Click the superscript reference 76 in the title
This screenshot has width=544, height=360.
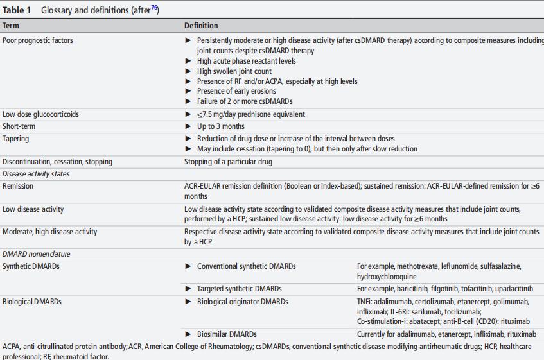(x=154, y=8)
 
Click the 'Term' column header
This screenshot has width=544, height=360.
(x=11, y=26)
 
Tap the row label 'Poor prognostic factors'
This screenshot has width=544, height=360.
(x=38, y=40)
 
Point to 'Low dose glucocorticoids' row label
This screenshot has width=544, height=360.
(x=41, y=114)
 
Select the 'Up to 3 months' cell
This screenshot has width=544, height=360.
(x=220, y=126)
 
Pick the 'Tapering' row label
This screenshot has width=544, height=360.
(x=15, y=139)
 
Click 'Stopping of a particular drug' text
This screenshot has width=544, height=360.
(x=228, y=162)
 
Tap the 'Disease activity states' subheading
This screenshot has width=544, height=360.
(x=36, y=174)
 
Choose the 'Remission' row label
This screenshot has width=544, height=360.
(x=18, y=186)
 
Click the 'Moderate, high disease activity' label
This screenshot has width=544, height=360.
(x=50, y=232)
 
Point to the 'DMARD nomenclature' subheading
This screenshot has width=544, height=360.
(x=37, y=254)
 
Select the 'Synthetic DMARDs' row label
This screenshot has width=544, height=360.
(x=31, y=266)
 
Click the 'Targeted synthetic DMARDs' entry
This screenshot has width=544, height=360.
(x=239, y=289)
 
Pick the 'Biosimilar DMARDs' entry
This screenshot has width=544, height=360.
(x=226, y=334)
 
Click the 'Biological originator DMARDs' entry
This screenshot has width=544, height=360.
(x=242, y=302)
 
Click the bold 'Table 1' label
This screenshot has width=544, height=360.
(x=17, y=10)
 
